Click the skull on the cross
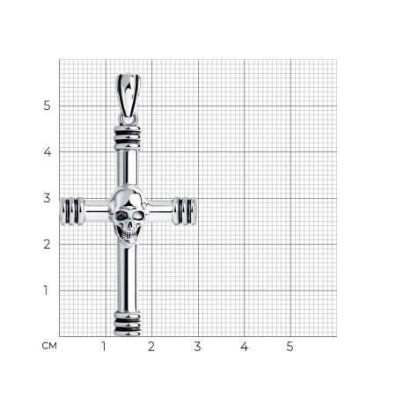tap(128, 216)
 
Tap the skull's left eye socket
tap(121, 216)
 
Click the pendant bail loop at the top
tap(128, 95)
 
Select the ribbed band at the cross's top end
tap(128, 137)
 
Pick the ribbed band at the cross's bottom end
tap(128, 324)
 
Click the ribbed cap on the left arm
tap(72, 211)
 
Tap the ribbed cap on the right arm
tap(185, 211)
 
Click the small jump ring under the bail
tap(128, 119)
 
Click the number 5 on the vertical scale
tap(47, 106)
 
